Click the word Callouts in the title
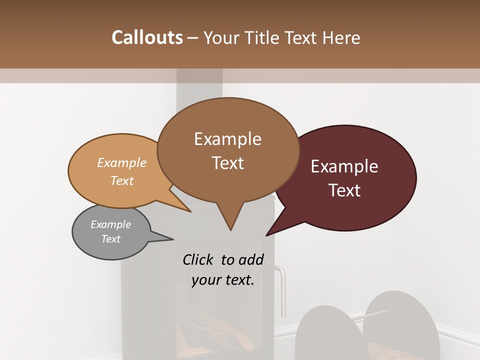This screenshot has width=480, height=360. (x=147, y=37)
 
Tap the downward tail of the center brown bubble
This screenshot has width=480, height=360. (x=230, y=220)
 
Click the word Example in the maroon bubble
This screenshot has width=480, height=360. (x=344, y=166)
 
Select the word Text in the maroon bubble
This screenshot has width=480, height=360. (x=344, y=190)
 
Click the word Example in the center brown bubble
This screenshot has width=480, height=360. (x=227, y=139)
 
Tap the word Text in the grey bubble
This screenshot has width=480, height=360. (x=111, y=239)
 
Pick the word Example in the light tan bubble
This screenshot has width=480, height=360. (x=122, y=163)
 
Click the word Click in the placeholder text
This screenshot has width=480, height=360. (x=199, y=259)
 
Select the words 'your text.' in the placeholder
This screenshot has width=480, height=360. (x=223, y=279)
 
